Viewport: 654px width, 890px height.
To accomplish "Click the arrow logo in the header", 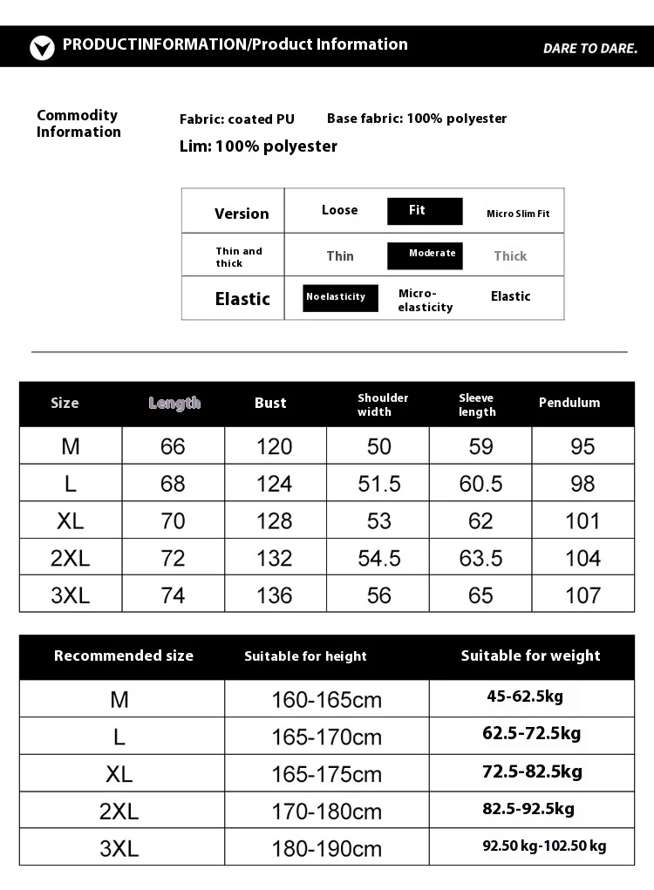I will coord(42,47).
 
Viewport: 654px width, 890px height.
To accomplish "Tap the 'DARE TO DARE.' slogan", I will coord(590,48).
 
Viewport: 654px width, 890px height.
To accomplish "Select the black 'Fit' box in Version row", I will coord(425,211).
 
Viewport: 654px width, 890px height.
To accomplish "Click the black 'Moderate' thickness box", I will coord(425,255).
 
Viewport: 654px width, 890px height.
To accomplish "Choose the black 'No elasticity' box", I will coord(340,297).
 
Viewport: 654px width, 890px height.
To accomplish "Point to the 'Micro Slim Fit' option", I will coord(518,214).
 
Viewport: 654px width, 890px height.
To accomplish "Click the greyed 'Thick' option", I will coord(510,255).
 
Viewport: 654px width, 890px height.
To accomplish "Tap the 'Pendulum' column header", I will coord(569,403).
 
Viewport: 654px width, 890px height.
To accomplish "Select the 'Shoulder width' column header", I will coord(383,404).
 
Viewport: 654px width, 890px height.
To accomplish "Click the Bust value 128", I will coord(274,520).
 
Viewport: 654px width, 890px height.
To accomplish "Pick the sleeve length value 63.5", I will coord(480,558).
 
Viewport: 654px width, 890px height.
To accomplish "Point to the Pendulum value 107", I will coord(582,595).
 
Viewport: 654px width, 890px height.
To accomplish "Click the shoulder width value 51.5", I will coord(379,483).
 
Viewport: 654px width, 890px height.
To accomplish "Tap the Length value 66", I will coord(173,446).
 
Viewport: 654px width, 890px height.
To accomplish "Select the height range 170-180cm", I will coord(326,812).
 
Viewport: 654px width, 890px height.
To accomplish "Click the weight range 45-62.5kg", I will coord(525,696).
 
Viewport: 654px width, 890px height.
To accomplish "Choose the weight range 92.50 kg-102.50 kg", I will coord(544,846).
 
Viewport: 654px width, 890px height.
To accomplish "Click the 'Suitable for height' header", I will coord(305,656).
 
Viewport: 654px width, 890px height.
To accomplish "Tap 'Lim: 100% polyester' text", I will coord(258,146).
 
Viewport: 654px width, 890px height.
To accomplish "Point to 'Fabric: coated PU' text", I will coord(237,119).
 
